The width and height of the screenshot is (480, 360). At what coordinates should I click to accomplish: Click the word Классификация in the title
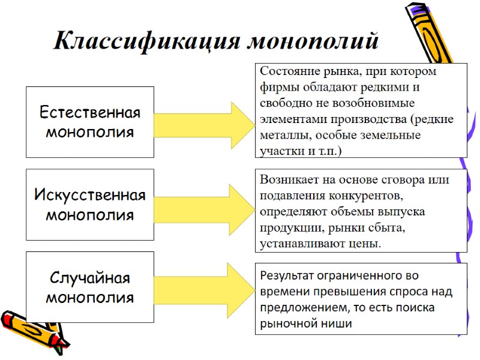click(146, 41)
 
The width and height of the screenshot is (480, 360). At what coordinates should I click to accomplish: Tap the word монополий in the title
click(313, 41)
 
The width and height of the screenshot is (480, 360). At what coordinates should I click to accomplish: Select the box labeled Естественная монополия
click(90, 122)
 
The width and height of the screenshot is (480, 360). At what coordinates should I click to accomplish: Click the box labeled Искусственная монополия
click(90, 204)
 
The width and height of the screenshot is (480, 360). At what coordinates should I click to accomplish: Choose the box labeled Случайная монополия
click(90, 287)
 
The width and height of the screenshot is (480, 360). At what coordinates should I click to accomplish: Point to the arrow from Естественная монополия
click(204, 122)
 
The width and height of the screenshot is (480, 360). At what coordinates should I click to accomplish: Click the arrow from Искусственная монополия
click(204, 204)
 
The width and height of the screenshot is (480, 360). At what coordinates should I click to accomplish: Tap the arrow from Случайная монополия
click(204, 287)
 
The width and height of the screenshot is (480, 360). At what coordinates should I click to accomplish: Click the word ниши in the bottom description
click(338, 323)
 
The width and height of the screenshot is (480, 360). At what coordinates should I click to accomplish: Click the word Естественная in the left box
click(90, 113)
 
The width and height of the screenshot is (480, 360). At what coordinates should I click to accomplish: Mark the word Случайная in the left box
click(90, 278)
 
